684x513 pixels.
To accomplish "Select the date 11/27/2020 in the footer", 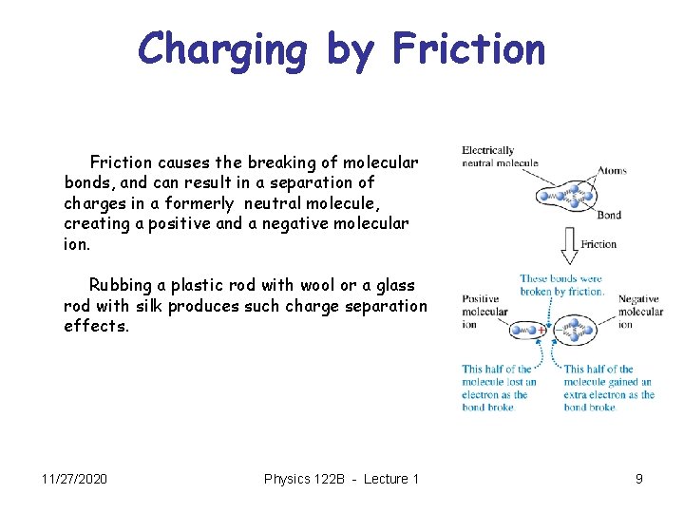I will [75, 479].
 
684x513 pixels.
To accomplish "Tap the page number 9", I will [639, 479].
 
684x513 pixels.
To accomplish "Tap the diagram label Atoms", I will [611, 172].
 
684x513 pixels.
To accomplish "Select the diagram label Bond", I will [609, 215].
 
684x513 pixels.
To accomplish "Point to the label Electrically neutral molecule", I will [500, 157].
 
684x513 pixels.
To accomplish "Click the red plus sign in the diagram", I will [541, 331].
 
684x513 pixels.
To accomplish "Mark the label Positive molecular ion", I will [484, 312].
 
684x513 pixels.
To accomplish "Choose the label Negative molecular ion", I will [640, 312].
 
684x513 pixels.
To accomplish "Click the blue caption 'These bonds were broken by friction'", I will [561, 285].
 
